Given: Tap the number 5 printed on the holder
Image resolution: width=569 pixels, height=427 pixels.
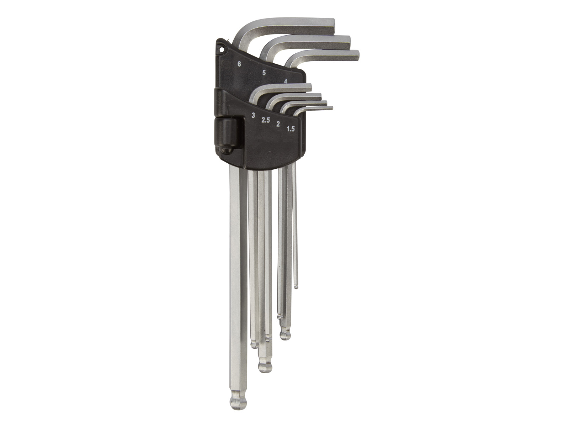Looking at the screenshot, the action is (x=264, y=73).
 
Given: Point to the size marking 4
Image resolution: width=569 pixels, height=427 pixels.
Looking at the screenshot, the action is (x=286, y=81).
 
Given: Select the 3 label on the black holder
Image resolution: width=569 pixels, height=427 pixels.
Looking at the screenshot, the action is (x=253, y=115).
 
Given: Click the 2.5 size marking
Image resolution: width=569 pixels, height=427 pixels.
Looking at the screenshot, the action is (x=265, y=120).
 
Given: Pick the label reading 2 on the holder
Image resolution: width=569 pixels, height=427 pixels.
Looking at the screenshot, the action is (x=278, y=124).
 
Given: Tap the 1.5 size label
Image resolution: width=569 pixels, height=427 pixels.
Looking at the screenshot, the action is (x=290, y=128).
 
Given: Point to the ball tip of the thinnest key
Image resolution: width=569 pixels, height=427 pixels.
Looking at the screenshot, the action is (x=296, y=287).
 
